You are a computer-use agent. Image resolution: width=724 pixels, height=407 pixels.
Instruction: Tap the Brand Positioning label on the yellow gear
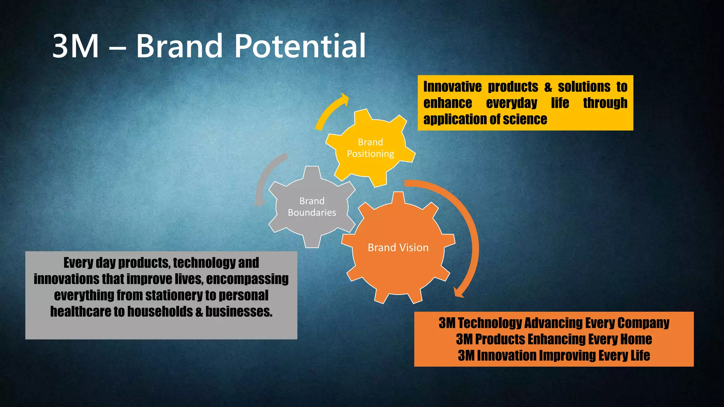pyautogui.click(x=370, y=148)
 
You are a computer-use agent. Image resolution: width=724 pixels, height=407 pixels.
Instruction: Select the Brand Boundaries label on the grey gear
pyautogui.click(x=312, y=207)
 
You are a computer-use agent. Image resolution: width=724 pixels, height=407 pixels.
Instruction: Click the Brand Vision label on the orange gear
pyautogui.click(x=398, y=247)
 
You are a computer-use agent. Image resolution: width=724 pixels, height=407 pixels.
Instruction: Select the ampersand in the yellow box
pyautogui.click(x=548, y=87)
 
